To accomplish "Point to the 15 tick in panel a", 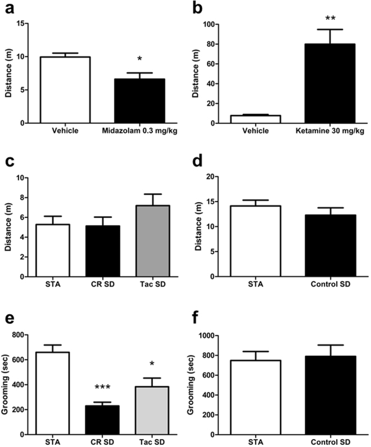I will click(21, 24).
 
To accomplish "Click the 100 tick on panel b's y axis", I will click(207, 24).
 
